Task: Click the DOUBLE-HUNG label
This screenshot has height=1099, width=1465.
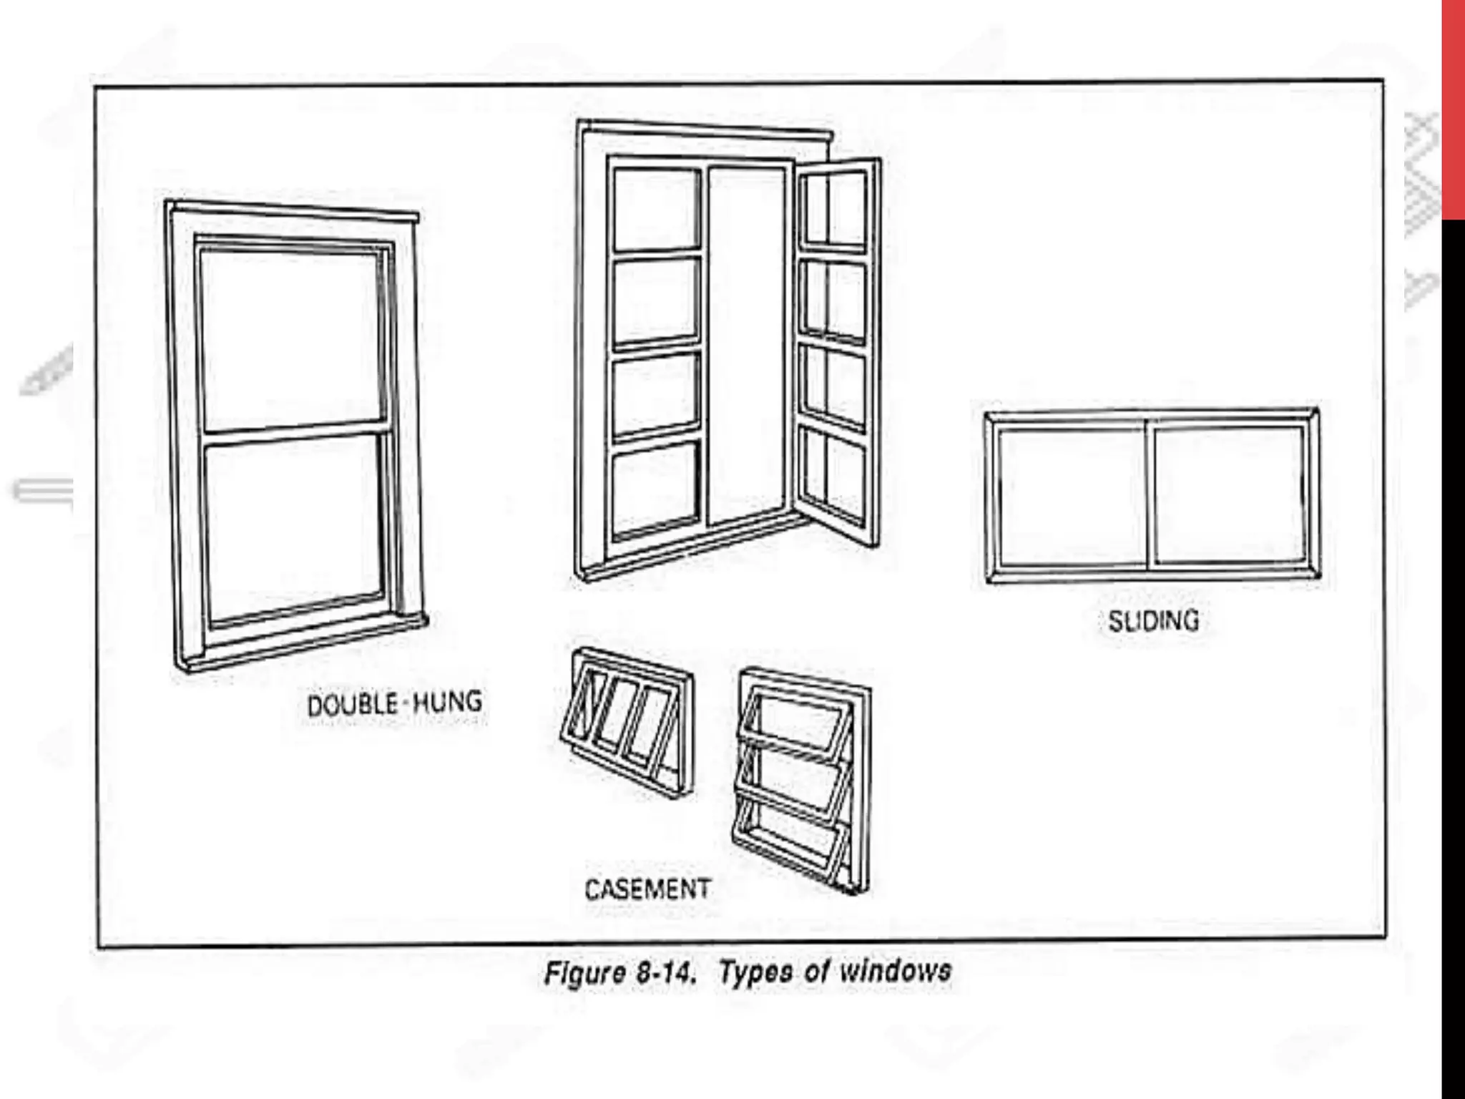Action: [394, 704]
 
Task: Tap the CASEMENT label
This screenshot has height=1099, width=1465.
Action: [647, 889]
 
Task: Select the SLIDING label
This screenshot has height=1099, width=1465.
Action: [1153, 620]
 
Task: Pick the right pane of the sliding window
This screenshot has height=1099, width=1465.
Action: [1228, 494]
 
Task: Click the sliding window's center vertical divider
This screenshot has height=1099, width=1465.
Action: [1148, 494]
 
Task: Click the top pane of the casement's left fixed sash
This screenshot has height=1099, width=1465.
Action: [656, 209]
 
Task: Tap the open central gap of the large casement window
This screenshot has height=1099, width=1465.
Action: [746, 343]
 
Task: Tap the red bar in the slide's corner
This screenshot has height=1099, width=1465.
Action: [1453, 107]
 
